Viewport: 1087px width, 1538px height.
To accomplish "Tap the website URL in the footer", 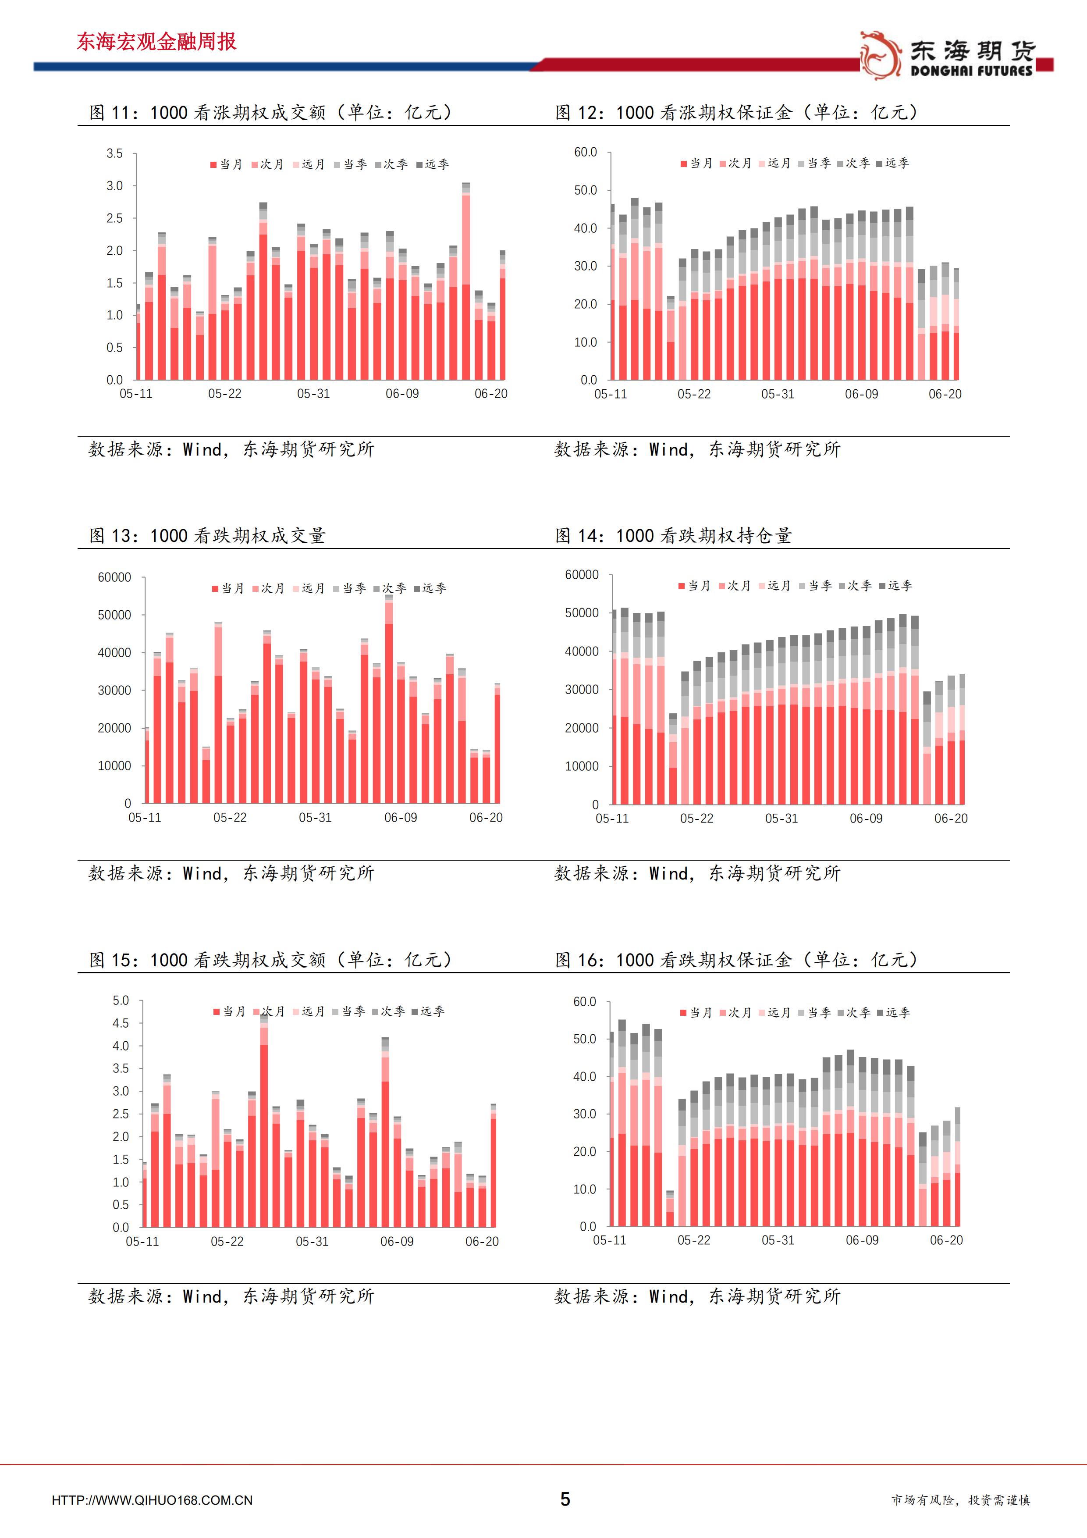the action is pos(152,1500).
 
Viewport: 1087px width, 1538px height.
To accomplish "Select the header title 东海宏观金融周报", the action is pos(157,42).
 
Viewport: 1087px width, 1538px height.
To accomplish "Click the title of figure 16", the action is pos(737,959).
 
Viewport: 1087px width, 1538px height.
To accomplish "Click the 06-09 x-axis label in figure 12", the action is pos(861,394).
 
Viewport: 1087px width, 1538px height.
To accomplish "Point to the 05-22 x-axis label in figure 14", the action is pos(696,818).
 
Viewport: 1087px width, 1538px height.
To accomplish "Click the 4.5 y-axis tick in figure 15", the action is pos(121,1023).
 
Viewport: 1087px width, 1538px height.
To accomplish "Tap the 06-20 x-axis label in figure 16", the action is pos(946,1240).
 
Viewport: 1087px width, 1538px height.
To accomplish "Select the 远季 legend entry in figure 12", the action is pos(893,163).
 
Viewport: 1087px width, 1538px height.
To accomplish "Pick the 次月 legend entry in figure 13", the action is pos(269,588).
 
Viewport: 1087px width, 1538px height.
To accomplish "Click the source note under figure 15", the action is pos(231,1296).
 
